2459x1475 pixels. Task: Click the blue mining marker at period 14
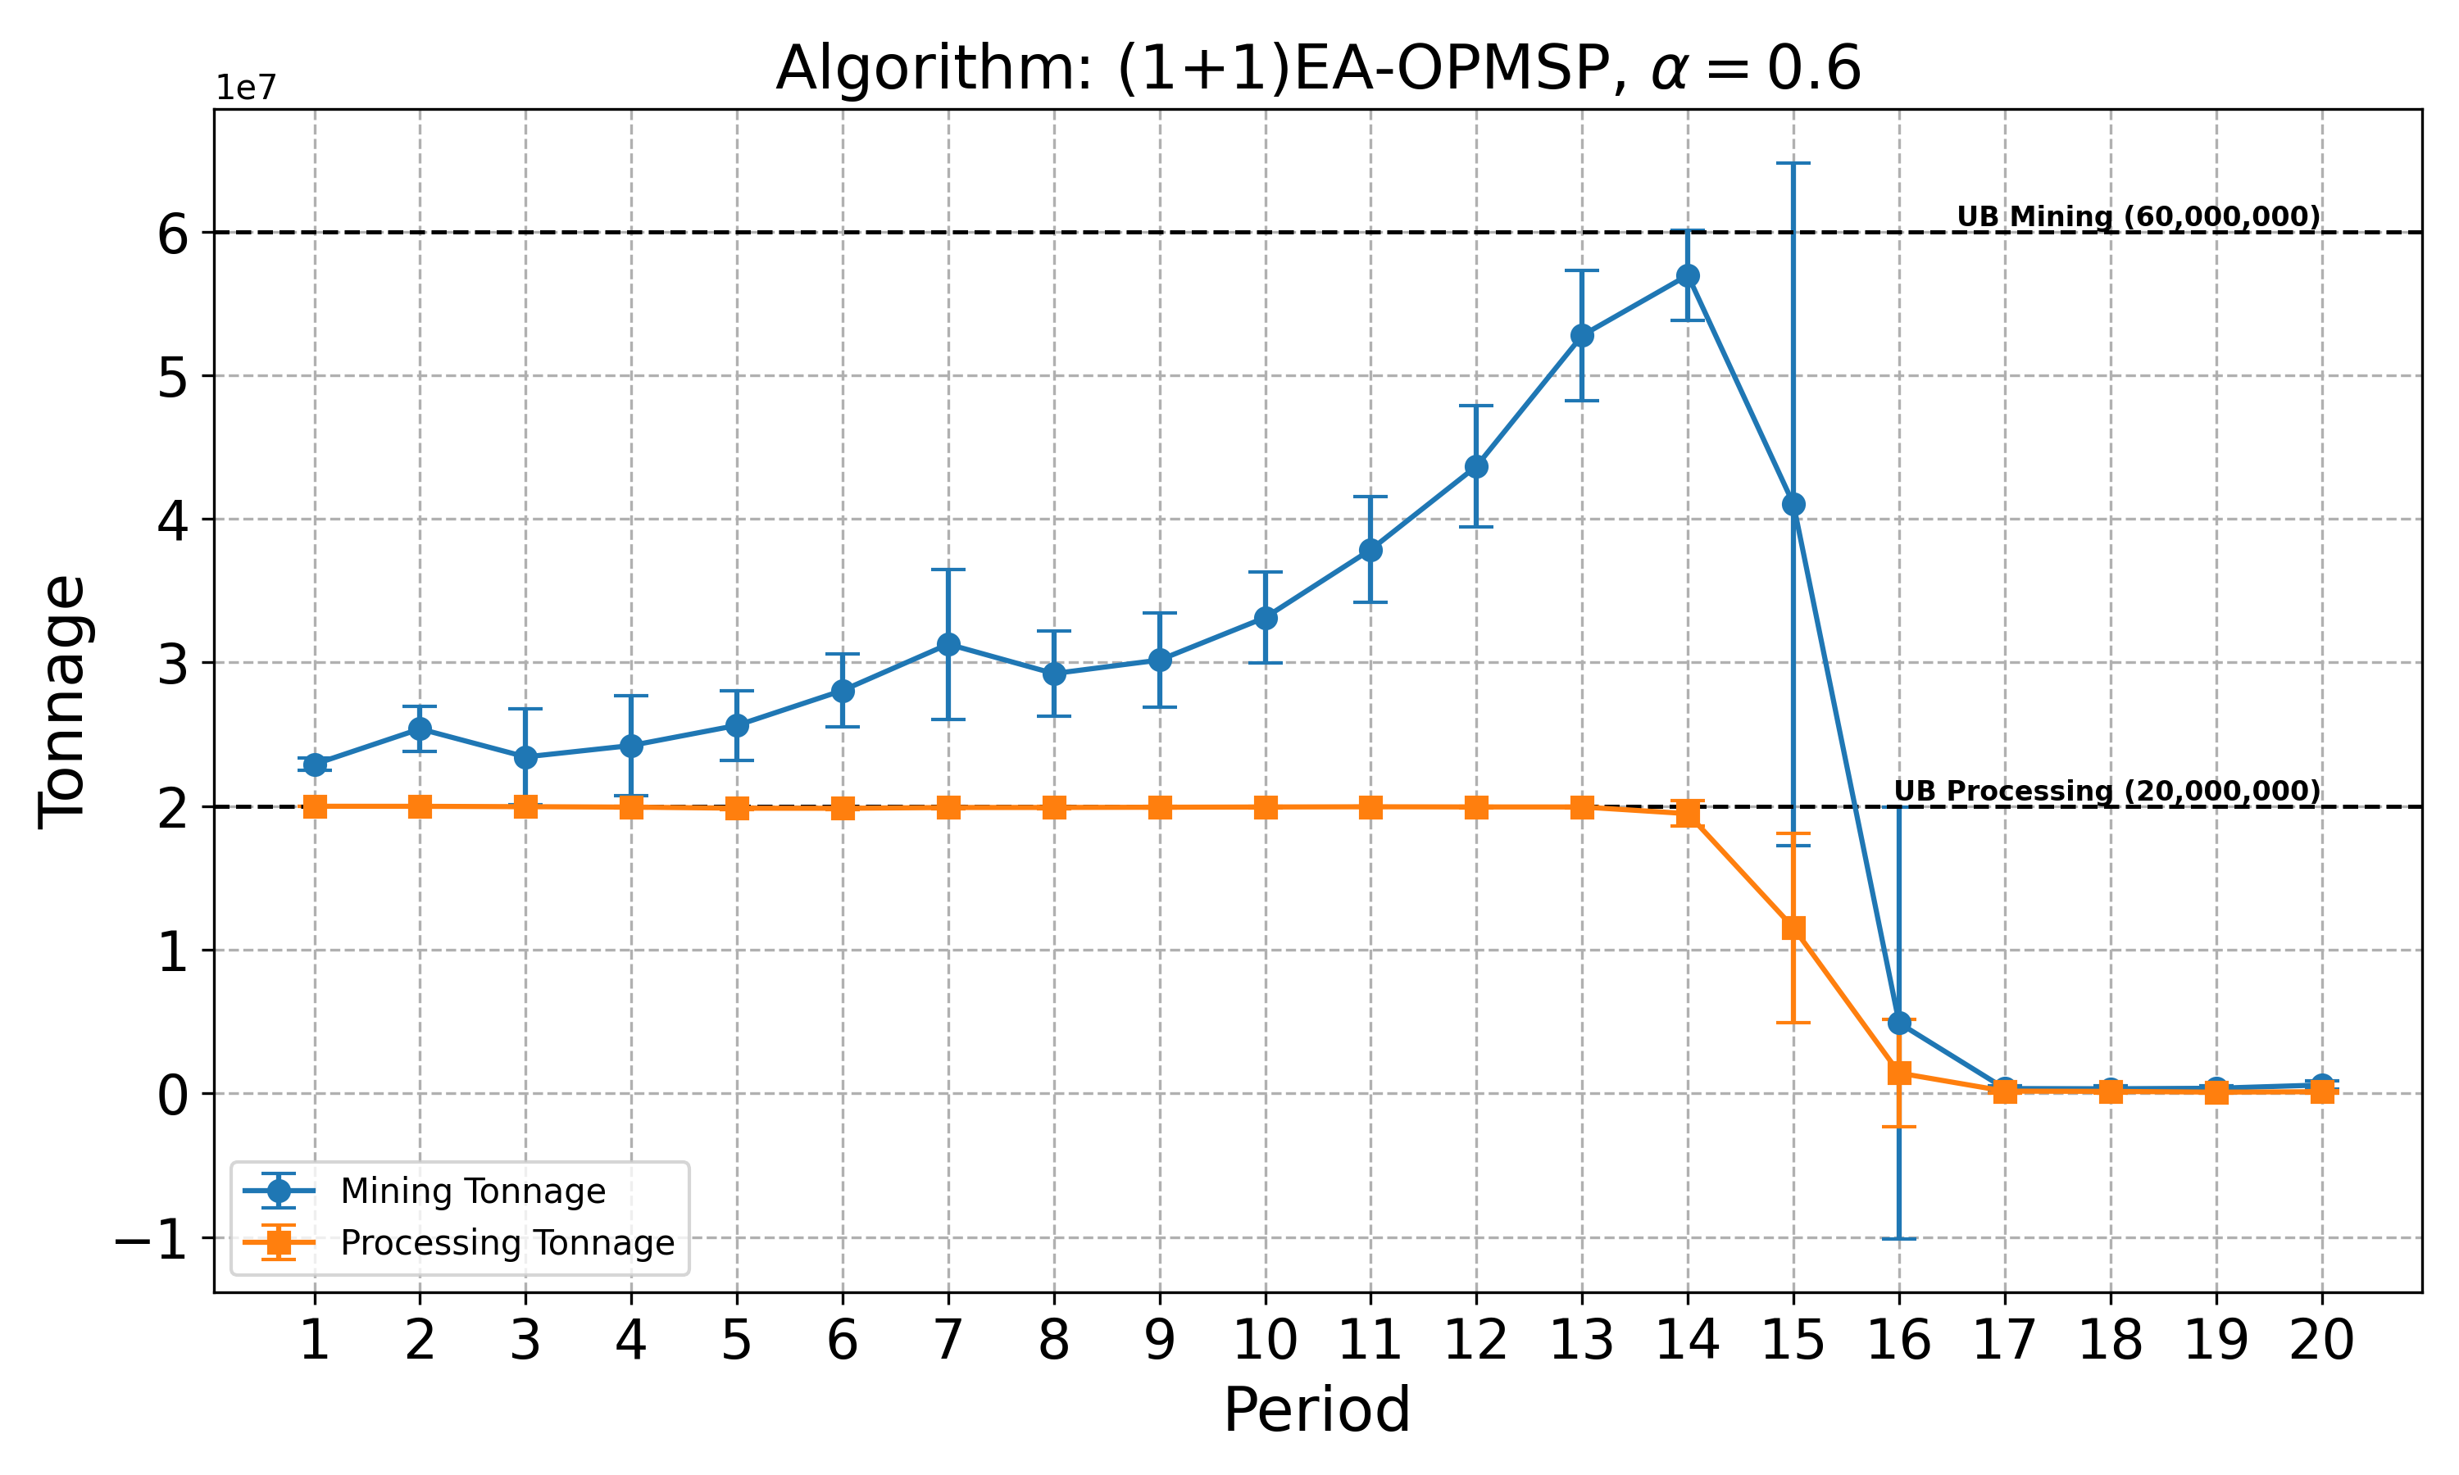[1687, 275]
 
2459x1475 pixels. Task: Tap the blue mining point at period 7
[948, 644]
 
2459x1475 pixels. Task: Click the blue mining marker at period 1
[315, 764]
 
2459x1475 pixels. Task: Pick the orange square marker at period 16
[1898, 1073]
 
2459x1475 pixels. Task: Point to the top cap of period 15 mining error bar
[1793, 163]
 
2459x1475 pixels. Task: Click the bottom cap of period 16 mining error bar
[1898, 1238]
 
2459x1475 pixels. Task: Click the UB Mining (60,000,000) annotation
[2138, 216]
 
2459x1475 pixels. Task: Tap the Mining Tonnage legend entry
[472, 1191]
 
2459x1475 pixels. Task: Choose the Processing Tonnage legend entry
[507, 1242]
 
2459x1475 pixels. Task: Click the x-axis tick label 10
[1264, 1340]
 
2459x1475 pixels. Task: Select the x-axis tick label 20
[2320, 1340]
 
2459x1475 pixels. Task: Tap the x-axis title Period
[1316, 1409]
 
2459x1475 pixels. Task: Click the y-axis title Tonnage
[61, 701]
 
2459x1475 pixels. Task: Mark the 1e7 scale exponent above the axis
[246, 88]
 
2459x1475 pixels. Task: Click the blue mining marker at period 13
[1581, 336]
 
